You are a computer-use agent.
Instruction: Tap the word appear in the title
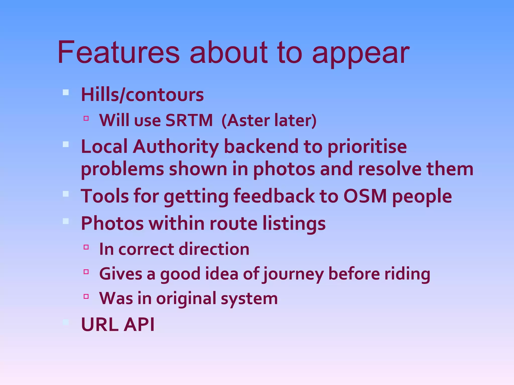pos(360,54)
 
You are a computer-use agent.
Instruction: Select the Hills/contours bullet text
pos(142,95)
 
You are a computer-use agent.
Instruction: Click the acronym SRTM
pos(189,120)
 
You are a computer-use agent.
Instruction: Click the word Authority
pos(175,147)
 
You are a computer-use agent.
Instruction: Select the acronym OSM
pos(365,196)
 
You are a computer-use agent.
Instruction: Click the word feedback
pos(274,196)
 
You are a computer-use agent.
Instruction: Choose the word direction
pos(214,249)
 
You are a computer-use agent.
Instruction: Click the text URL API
pos(118,324)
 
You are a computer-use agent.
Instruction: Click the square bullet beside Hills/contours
pos(66,92)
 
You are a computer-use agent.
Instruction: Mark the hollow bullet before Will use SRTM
pos(86,118)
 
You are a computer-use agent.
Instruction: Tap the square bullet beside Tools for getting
pos(66,194)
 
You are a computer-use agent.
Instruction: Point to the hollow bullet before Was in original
pos(86,297)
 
